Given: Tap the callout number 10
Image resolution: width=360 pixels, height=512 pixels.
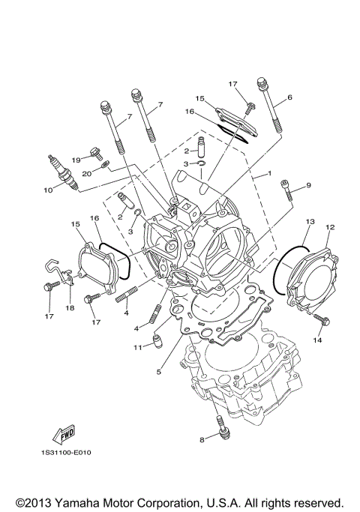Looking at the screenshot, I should click(47, 190).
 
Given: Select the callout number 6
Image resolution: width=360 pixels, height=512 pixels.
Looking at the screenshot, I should click(289, 98).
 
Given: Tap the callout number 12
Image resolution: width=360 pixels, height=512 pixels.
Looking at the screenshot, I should click(329, 227).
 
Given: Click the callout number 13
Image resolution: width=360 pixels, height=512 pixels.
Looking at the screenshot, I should click(309, 222).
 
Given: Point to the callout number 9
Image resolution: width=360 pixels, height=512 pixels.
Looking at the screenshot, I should click(307, 185).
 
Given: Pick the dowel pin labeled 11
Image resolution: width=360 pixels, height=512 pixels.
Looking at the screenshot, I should click(157, 343).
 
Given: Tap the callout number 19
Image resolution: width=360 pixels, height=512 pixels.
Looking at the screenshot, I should click(76, 160).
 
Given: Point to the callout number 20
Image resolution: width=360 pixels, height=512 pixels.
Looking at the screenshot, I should click(87, 173).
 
